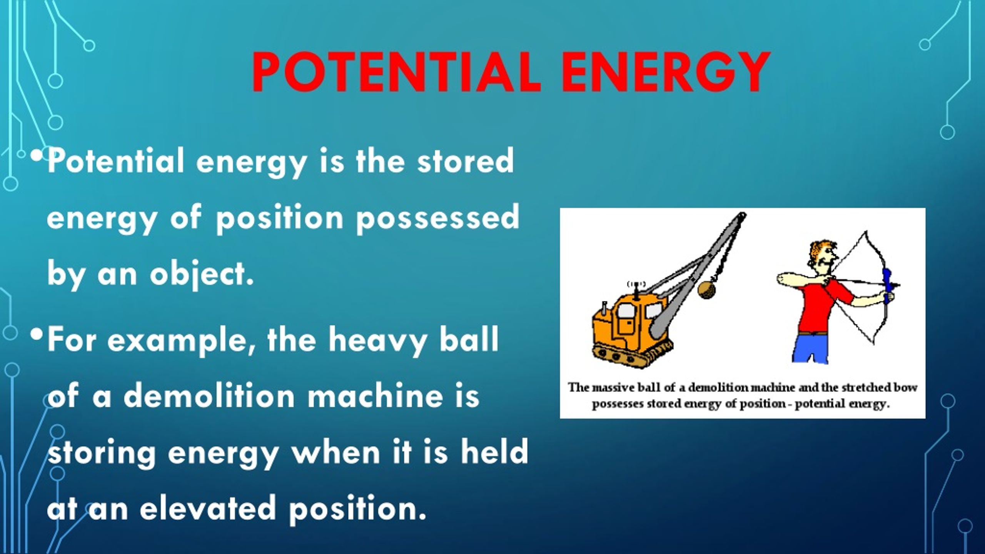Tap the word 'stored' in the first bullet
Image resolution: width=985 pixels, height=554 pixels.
coord(466,162)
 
